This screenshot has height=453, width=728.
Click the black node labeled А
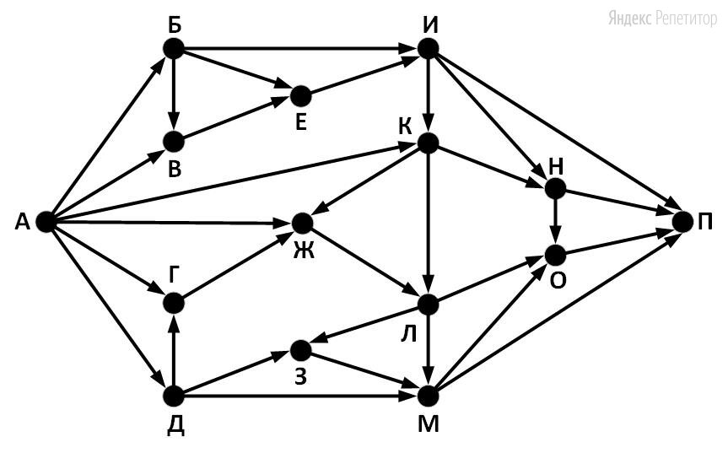45,222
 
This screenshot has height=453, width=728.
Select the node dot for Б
173,49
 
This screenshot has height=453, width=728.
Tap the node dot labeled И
428,49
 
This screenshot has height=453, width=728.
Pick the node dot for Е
300,94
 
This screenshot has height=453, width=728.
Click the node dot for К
428,143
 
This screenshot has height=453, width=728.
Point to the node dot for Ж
301,223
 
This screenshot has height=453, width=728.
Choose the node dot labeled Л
428,303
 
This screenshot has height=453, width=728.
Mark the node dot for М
428,395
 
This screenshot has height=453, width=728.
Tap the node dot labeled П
682,222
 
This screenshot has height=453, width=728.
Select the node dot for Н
555,188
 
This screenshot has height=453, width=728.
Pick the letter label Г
174,272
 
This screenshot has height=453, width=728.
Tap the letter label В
174,170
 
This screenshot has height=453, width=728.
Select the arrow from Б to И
299,49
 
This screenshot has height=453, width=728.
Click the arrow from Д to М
299,395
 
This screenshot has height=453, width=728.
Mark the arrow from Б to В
173,93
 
